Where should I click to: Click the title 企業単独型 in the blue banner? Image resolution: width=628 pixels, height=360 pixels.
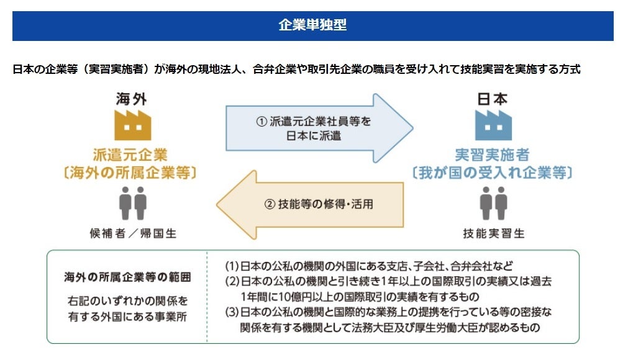312,25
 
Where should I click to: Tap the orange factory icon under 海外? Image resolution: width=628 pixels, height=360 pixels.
132,126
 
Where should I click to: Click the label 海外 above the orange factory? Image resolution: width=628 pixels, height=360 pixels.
132,99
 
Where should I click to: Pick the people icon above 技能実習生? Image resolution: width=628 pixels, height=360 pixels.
493,202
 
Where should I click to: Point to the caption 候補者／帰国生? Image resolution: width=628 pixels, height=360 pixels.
133,234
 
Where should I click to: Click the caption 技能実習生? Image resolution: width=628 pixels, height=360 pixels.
494,234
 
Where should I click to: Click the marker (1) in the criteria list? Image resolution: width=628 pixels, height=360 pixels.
232,266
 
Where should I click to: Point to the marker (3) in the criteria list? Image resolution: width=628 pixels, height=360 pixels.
232,312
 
